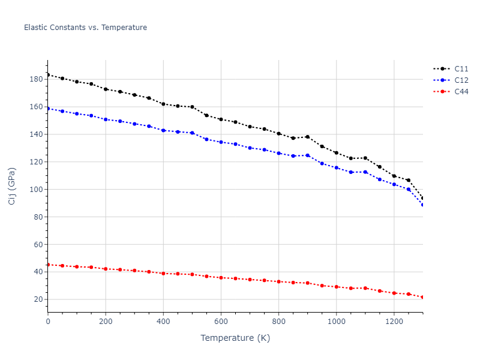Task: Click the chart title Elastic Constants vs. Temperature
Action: coord(85,28)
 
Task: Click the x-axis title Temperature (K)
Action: coord(235,338)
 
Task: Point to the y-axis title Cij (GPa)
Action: coord(12,186)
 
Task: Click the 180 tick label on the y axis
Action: coord(36,79)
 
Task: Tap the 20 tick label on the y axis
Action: coord(38,299)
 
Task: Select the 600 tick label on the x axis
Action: coord(221,322)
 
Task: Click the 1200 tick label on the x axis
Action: coord(394,322)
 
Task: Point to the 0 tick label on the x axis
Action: coord(48,322)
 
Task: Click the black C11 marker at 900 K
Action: coord(307,137)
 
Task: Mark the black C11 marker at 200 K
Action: coord(106,89)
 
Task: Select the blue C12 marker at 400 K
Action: coord(163,130)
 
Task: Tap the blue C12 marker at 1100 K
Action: coord(365,172)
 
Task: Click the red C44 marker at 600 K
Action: coord(221,278)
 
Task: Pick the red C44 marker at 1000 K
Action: coord(336,287)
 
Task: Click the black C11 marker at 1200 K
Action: coord(394,176)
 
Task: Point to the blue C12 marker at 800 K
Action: coord(278,153)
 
